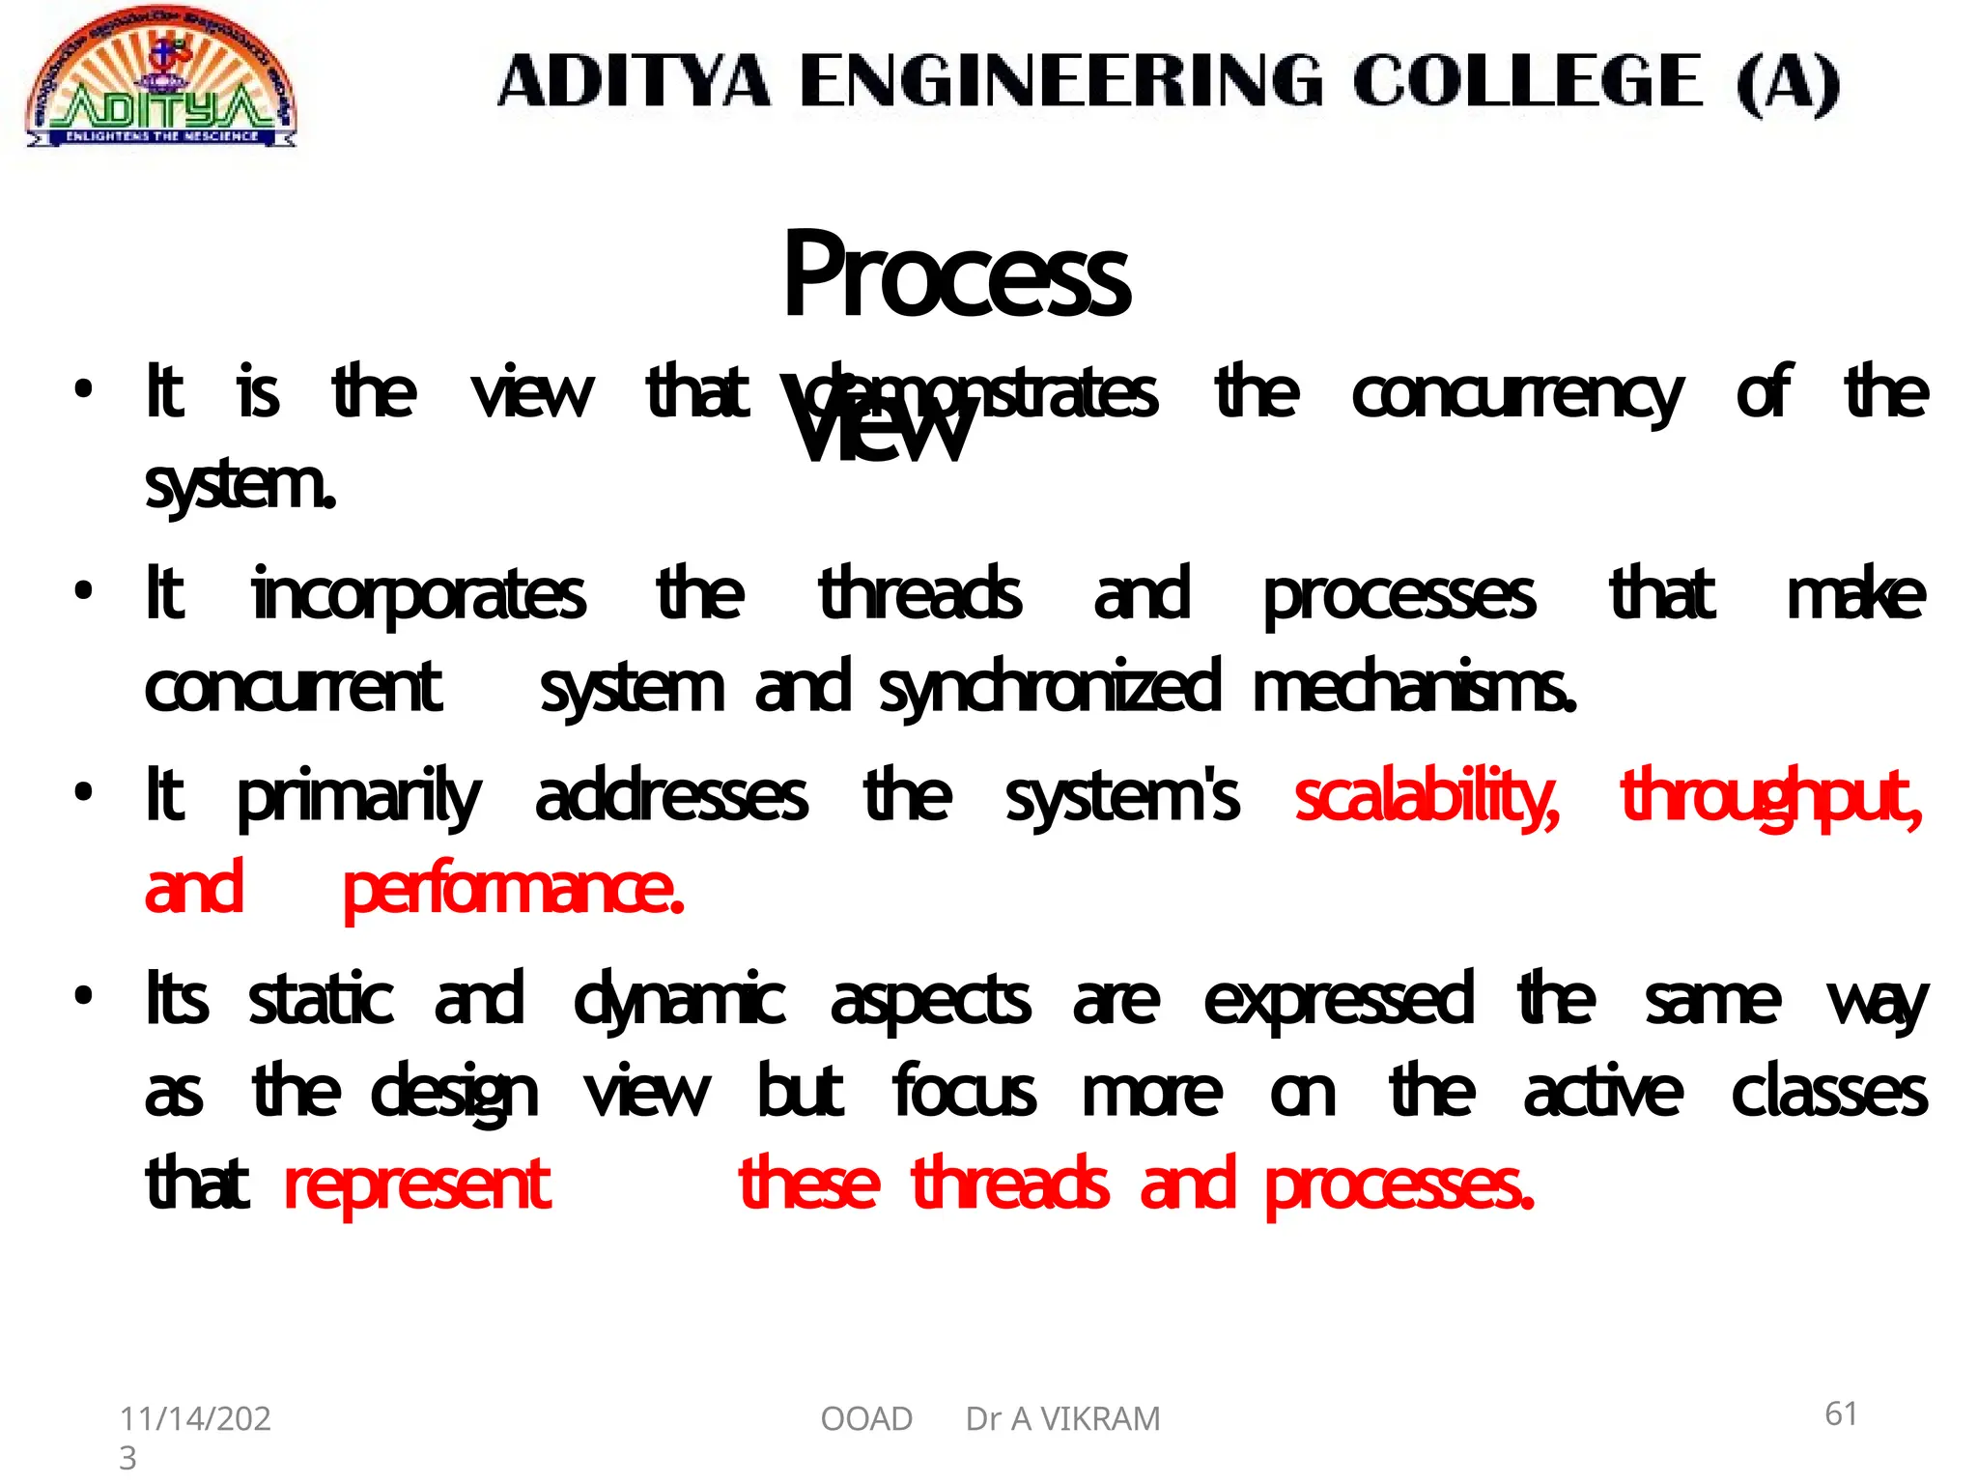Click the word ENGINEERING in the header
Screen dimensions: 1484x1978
click(x=1060, y=81)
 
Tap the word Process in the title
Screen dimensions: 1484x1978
click(x=956, y=275)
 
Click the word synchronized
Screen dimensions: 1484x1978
click(x=1050, y=689)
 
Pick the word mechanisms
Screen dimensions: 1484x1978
click(x=1414, y=689)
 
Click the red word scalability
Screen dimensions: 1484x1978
click(x=1427, y=798)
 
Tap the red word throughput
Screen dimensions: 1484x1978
click(x=1771, y=798)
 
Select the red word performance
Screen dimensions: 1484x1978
click(x=514, y=891)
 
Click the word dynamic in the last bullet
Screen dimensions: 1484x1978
click(x=679, y=1001)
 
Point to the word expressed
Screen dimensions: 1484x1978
click(x=1339, y=1001)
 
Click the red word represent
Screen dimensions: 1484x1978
click(x=417, y=1186)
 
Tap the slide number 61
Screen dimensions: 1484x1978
click(x=1841, y=1414)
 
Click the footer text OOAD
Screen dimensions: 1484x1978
click(x=866, y=1419)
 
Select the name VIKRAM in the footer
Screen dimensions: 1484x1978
click(x=1099, y=1419)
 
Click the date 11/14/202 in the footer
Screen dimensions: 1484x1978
click(x=195, y=1419)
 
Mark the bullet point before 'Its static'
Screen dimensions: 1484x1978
click(x=84, y=995)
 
